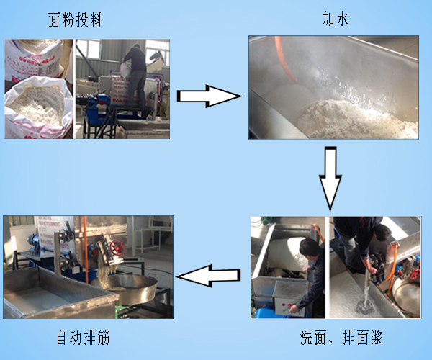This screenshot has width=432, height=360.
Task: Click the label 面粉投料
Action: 76,19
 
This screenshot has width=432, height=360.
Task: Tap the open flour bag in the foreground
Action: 36,108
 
